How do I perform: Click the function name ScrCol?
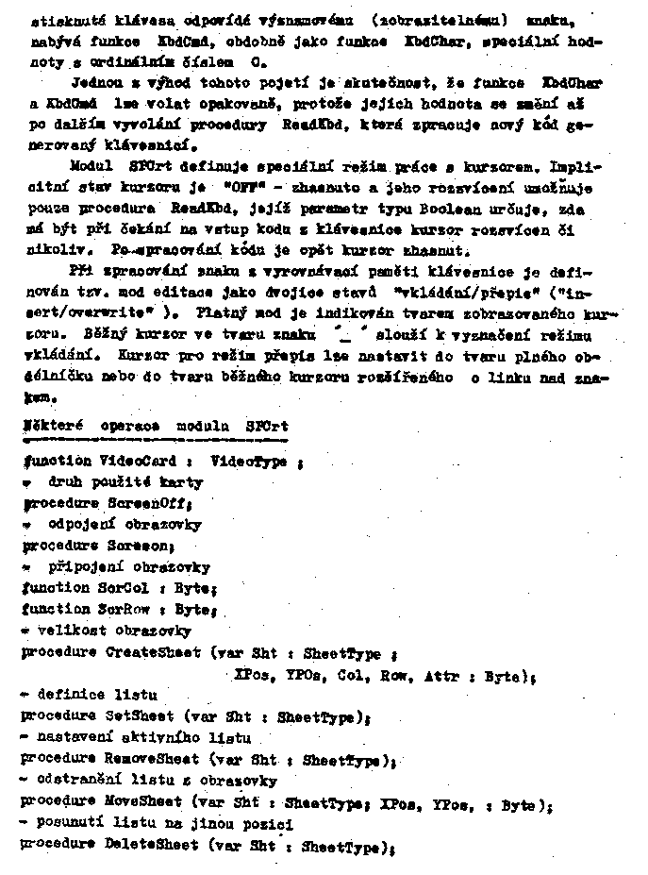[x=126, y=588]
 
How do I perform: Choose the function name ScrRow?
[x=126, y=610]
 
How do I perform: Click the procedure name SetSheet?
[x=141, y=715]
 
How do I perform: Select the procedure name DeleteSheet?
[x=153, y=847]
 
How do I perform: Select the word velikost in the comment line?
[x=67, y=631]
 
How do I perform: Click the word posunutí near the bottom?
[x=70, y=824]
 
